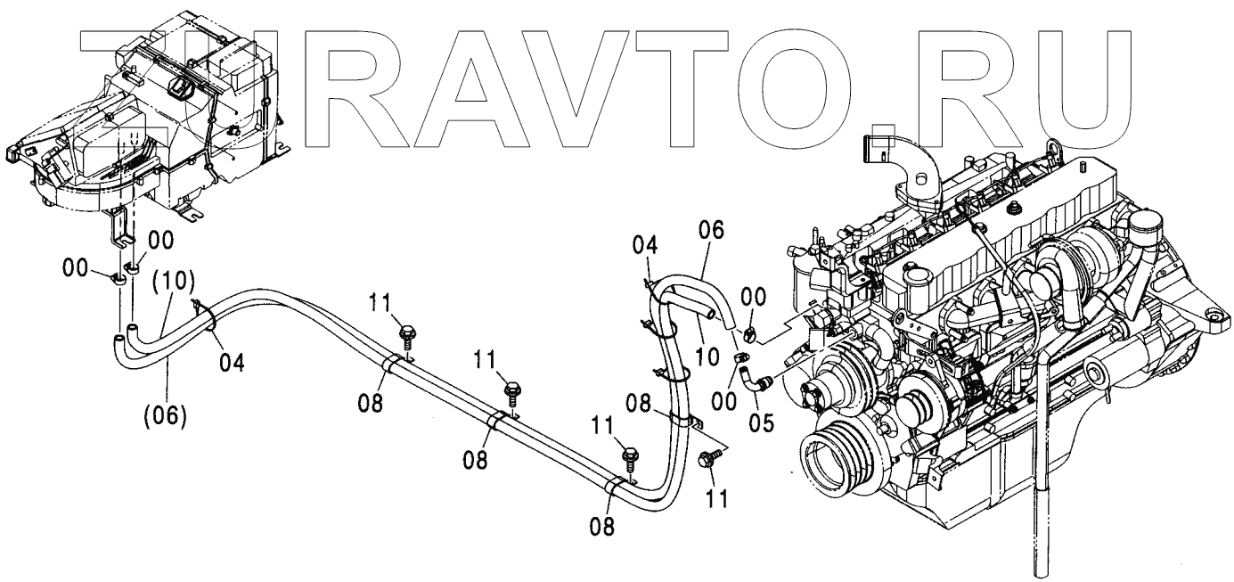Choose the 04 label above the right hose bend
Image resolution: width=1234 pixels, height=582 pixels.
point(646,244)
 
